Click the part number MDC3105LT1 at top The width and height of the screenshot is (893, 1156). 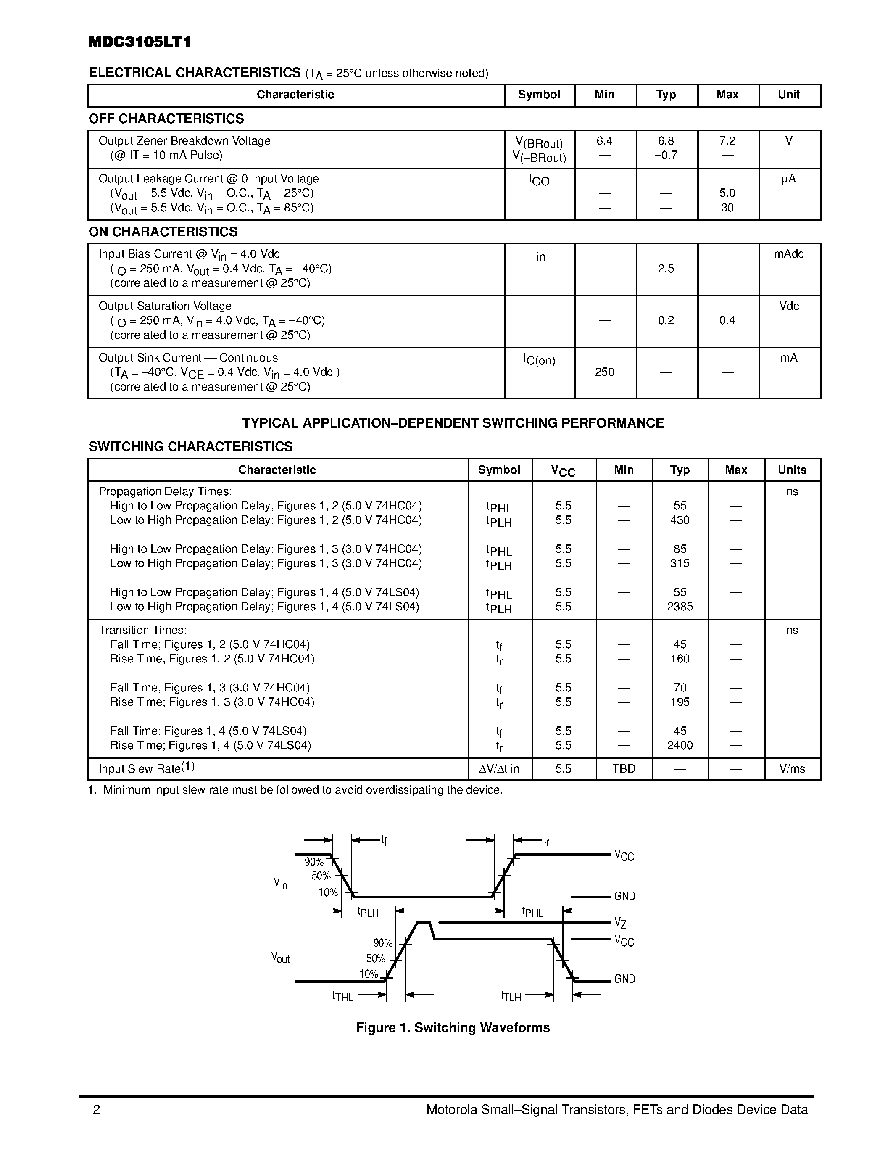[139, 42]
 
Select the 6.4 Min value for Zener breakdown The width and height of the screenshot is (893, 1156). [604, 141]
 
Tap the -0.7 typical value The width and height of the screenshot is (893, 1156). [666, 155]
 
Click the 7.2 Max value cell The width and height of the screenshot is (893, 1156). [727, 141]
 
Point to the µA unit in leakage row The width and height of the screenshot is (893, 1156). [788, 179]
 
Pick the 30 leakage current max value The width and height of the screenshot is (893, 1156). [727, 208]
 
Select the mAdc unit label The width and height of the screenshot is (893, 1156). [788, 254]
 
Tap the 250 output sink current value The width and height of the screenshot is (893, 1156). [604, 372]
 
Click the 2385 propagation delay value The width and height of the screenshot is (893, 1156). [680, 607]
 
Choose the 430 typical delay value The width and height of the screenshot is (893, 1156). [680, 520]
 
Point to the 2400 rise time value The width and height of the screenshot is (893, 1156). [680, 745]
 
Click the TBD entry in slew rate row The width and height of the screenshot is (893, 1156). [624, 768]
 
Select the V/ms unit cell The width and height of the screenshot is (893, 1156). [792, 768]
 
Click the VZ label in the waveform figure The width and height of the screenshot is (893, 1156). [620, 923]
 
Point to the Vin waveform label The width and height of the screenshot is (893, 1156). [280, 883]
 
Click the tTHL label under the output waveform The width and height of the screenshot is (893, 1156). [342, 996]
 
